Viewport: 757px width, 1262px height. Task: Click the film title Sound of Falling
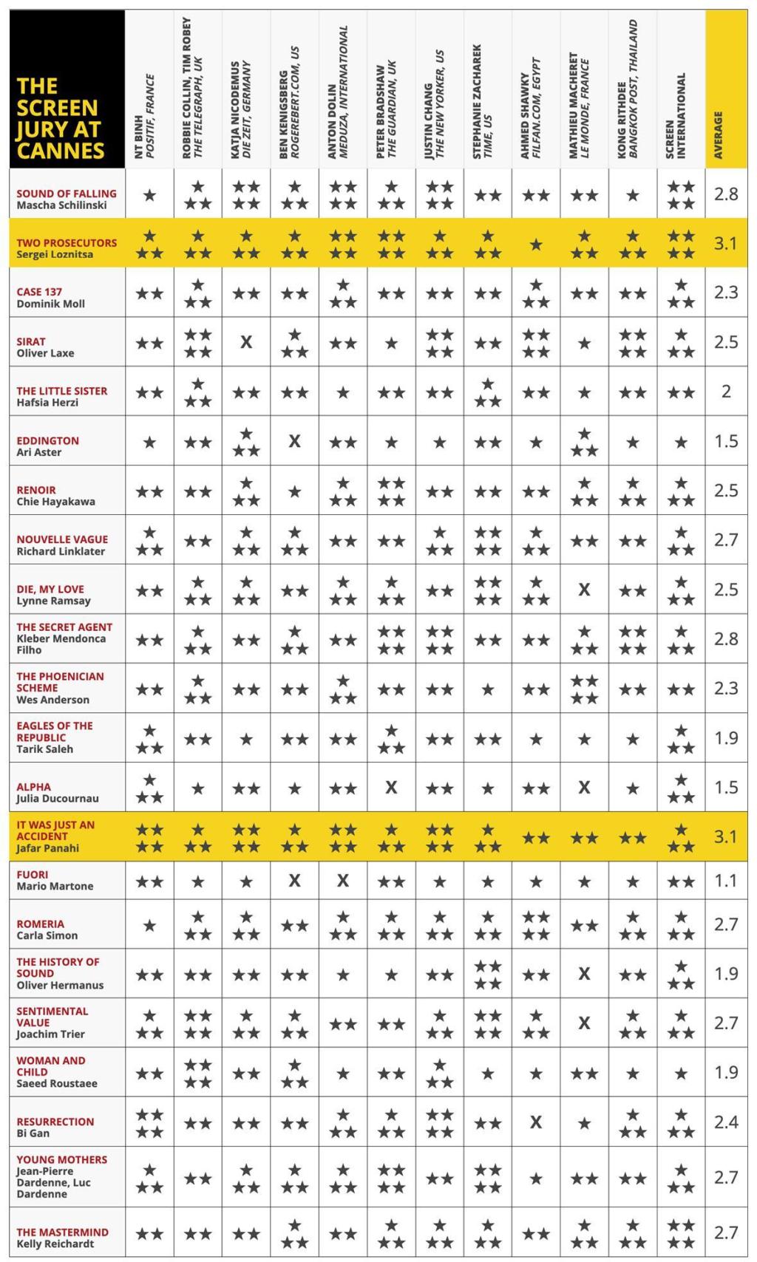coord(67,194)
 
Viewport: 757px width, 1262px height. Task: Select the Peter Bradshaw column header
coord(386,109)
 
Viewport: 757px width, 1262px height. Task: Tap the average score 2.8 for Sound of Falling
coord(726,194)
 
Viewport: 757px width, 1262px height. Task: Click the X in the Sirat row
coord(246,343)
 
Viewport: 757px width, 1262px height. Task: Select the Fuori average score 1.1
coord(726,881)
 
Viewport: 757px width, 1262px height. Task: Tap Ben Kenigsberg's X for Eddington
coord(294,441)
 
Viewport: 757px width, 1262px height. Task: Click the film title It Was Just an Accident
coord(55,830)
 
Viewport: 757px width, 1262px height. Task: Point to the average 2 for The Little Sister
coord(726,392)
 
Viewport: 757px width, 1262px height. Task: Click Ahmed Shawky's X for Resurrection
coord(536,1122)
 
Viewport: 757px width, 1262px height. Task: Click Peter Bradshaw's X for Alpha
coord(391,788)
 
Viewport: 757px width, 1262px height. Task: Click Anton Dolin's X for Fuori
coord(343,881)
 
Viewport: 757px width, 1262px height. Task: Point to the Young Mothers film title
coord(62,1159)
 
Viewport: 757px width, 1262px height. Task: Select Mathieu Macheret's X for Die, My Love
coord(584,590)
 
